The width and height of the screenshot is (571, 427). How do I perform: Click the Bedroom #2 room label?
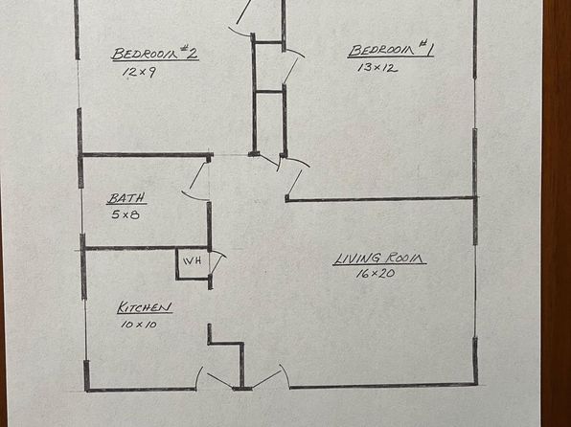pyautogui.click(x=155, y=54)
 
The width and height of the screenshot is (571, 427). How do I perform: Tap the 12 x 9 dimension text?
pyautogui.click(x=140, y=72)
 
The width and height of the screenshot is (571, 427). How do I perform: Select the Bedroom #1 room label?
pyautogui.click(x=390, y=49)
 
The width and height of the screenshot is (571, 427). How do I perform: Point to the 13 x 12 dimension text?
pyautogui.click(x=377, y=68)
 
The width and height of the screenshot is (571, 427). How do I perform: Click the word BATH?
pyautogui.click(x=126, y=198)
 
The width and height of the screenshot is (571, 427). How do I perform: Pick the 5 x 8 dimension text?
pyautogui.click(x=126, y=214)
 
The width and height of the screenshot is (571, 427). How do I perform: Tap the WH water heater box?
pyautogui.click(x=193, y=263)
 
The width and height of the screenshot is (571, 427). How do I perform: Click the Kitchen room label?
pyautogui.click(x=145, y=307)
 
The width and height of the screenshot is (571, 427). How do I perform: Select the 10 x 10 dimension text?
pyautogui.click(x=139, y=324)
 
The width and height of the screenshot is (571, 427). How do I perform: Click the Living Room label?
pyautogui.click(x=379, y=258)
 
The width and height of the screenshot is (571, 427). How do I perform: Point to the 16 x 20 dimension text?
pyautogui.click(x=376, y=273)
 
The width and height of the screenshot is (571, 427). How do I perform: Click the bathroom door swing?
pyautogui.click(x=194, y=182)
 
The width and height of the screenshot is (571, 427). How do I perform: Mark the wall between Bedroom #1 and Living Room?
pyautogui.click(x=380, y=199)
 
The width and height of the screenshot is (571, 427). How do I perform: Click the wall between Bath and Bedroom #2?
pyautogui.click(x=146, y=155)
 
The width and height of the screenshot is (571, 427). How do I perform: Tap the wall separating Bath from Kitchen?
pyautogui.click(x=146, y=248)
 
